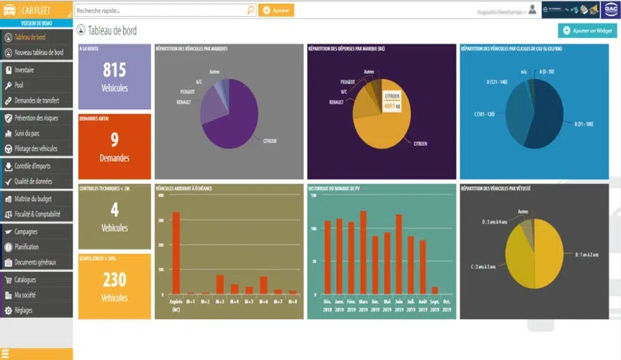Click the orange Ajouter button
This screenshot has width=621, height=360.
[276, 11]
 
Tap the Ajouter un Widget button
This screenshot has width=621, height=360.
[587, 30]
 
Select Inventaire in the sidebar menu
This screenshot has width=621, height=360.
[24, 70]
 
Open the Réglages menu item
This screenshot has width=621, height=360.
[23, 310]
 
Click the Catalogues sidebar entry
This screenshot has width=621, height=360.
[25, 280]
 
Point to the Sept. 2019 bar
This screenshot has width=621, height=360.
[435, 290]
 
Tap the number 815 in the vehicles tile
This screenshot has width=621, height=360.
[114, 70]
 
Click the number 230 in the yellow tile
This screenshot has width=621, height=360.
[114, 279]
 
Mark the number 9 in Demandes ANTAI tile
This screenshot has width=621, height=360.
[114, 140]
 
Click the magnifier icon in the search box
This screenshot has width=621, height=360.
[250, 11]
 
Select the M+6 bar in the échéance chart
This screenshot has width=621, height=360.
[263, 285]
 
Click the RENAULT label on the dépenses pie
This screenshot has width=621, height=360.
[336, 102]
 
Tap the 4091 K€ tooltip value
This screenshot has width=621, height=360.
[391, 106]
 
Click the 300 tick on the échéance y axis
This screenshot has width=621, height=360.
[161, 220]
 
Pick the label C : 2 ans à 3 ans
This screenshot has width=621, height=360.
[483, 266]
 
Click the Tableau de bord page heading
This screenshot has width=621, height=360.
[112, 30]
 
